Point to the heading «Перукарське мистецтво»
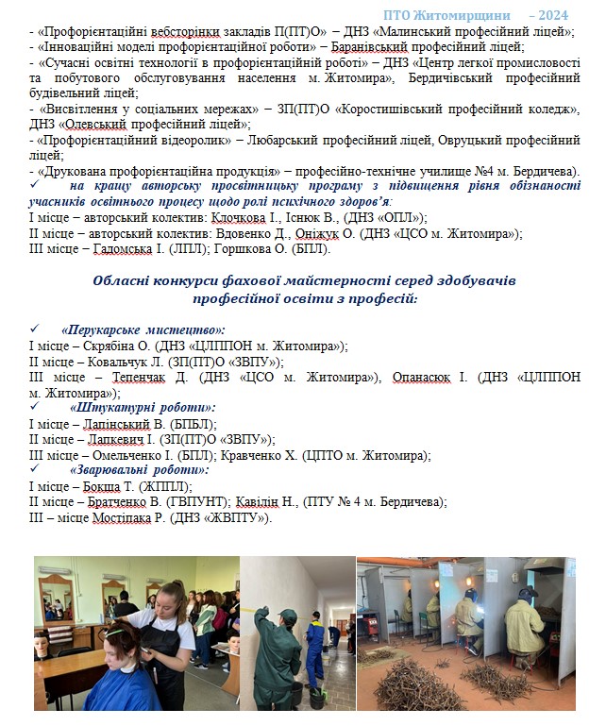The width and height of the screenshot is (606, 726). click(142, 330)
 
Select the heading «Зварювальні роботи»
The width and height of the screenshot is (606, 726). click(140, 469)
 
